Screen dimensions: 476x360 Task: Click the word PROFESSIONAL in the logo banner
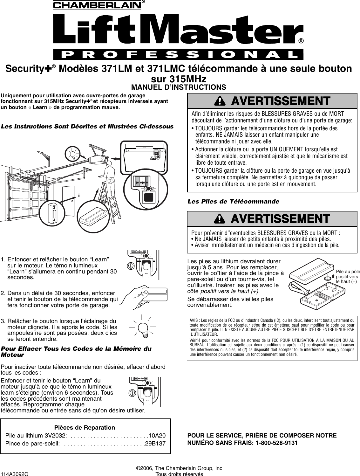(178, 55)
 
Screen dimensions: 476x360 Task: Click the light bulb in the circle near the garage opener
(73, 155)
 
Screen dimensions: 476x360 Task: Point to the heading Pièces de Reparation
(85, 428)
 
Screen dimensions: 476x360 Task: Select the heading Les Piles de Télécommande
(233, 202)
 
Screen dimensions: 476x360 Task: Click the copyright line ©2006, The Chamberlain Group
(179, 468)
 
